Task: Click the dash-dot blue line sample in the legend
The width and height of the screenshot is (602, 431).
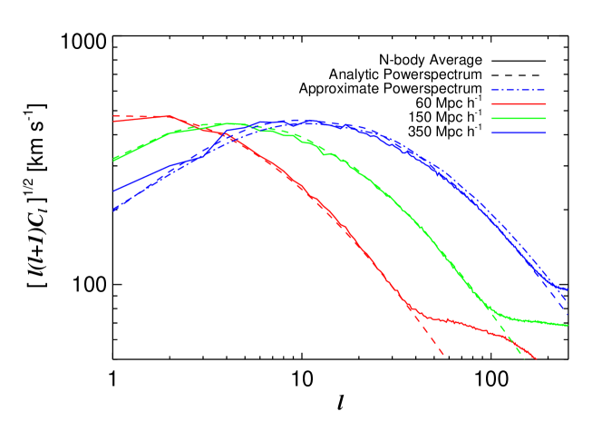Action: click(x=519, y=90)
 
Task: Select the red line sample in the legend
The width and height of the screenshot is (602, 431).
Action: click(x=519, y=104)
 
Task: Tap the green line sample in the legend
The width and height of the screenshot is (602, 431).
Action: click(x=519, y=118)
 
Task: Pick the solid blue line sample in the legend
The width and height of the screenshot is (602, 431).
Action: click(x=519, y=132)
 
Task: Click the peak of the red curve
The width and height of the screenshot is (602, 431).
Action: click(x=168, y=115)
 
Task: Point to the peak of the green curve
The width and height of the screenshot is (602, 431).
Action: click(x=232, y=123)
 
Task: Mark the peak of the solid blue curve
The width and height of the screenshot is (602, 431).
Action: click(x=314, y=121)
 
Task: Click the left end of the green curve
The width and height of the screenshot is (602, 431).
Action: click(x=113, y=161)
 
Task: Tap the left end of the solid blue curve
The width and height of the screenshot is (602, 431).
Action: click(x=113, y=191)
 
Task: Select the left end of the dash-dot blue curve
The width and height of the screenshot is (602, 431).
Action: click(x=113, y=211)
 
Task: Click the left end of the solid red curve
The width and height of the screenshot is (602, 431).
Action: click(x=113, y=121)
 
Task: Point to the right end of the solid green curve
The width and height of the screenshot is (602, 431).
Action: click(x=568, y=325)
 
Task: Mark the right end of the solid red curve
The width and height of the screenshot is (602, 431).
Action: click(x=537, y=358)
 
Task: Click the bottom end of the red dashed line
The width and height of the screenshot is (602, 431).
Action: click(x=443, y=354)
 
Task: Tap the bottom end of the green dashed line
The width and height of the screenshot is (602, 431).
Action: click(x=524, y=358)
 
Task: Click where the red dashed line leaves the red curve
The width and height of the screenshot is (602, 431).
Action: click(x=413, y=309)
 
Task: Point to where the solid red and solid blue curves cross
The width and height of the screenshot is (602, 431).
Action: click(x=227, y=136)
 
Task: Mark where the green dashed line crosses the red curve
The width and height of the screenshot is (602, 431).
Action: click(x=514, y=343)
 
